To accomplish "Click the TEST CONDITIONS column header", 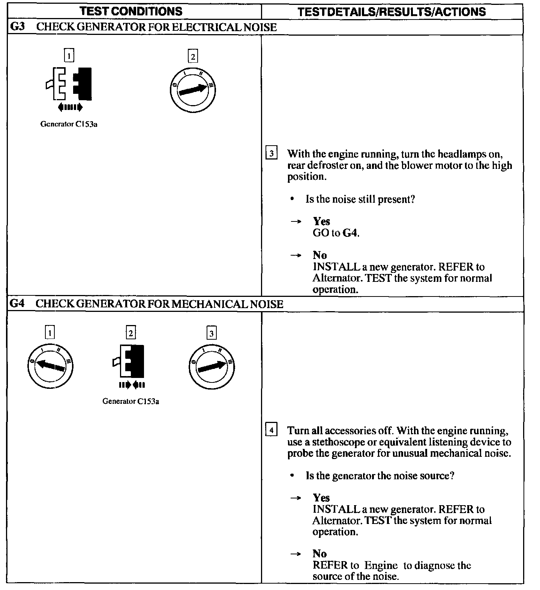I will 131,11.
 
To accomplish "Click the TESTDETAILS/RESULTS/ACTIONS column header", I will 391,12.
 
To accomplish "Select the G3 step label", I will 17,27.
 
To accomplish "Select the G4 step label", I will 17,304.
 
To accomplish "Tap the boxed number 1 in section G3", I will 69,56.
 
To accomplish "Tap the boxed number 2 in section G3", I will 193,57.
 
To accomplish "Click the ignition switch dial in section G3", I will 193,90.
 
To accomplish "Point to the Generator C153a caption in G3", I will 69,124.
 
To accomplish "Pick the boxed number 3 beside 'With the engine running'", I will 271,154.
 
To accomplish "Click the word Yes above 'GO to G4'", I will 321,221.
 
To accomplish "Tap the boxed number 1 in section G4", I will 49,333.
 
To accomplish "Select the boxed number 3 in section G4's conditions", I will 211,333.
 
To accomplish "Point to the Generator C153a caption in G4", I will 130,401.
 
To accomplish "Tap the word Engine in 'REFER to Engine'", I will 381,565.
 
